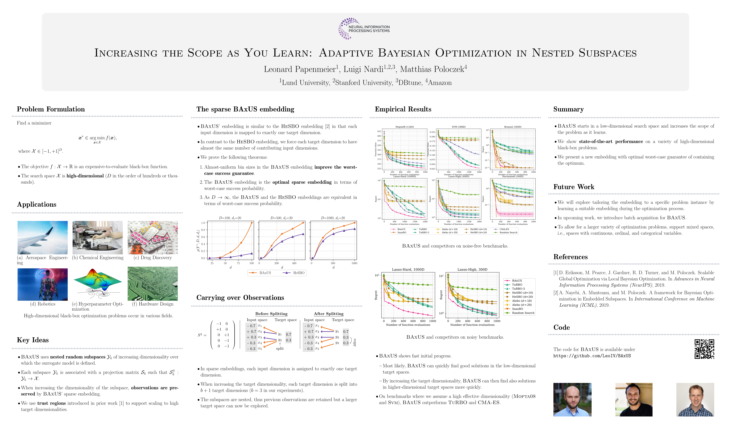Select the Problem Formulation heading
(x=51, y=109)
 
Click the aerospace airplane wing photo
(x=42, y=238)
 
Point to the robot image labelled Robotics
(x=42, y=284)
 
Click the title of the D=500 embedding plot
(x=282, y=218)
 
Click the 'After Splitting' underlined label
(x=328, y=314)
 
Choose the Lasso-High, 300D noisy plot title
(x=472, y=269)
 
